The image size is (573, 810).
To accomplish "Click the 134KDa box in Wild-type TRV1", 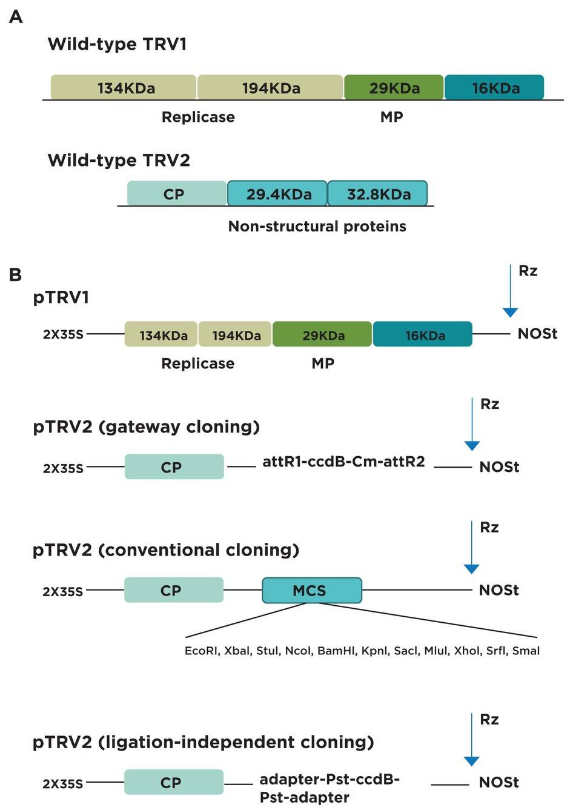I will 124,88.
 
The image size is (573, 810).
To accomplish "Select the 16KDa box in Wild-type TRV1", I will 494,88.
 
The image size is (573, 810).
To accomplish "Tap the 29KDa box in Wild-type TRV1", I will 394,88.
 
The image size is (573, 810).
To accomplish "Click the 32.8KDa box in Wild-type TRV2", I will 377,194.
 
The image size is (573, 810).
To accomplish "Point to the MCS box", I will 311,590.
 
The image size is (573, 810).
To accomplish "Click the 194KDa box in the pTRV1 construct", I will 235,335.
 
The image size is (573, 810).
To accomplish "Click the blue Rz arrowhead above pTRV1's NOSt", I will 510,312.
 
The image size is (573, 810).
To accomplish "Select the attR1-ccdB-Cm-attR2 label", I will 343,462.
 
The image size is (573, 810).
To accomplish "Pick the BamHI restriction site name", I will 336,651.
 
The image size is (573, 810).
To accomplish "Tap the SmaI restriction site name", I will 526,651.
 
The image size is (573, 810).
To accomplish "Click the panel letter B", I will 15,275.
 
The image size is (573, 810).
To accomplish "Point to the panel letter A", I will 16,17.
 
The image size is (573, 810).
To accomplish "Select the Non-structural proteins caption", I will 317,227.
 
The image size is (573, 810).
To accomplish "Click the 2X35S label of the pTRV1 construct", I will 62,334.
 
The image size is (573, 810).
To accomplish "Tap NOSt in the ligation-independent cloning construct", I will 498,782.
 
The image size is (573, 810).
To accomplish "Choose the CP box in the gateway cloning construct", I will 174,467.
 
